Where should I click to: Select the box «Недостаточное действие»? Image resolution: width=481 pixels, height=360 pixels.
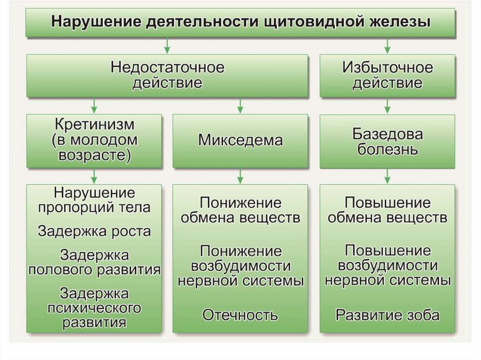pos(167,76)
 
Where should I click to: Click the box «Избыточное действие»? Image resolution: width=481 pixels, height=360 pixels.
pos(387,76)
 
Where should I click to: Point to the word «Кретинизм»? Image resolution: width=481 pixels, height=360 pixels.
pos(94,126)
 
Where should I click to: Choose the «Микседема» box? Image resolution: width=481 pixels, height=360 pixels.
pos(240,141)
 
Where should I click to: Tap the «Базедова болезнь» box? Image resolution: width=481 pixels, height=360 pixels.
pos(387,142)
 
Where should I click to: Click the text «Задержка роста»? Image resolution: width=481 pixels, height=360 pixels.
pos(94,231)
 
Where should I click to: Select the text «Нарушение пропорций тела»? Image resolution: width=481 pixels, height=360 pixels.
pos(94,200)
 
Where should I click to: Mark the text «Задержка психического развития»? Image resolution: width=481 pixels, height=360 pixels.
pos(94,308)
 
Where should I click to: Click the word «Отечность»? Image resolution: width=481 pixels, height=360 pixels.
pos(240,315)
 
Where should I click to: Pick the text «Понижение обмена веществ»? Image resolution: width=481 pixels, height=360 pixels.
pos(240,210)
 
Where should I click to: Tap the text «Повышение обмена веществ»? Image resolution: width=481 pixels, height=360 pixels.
pos(387,210)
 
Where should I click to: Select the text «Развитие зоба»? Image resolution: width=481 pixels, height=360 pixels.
pos(387,314)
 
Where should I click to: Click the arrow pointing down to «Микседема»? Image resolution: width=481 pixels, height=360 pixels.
pos(240,106)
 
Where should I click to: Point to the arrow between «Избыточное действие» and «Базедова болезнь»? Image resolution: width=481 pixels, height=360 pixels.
pos(387,106)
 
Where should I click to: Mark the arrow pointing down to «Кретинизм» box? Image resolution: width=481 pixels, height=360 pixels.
pos(94,106)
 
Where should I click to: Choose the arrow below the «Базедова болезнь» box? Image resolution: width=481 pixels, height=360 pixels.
pos(387,176)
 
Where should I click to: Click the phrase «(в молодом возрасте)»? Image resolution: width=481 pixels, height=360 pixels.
pos(94,147)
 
